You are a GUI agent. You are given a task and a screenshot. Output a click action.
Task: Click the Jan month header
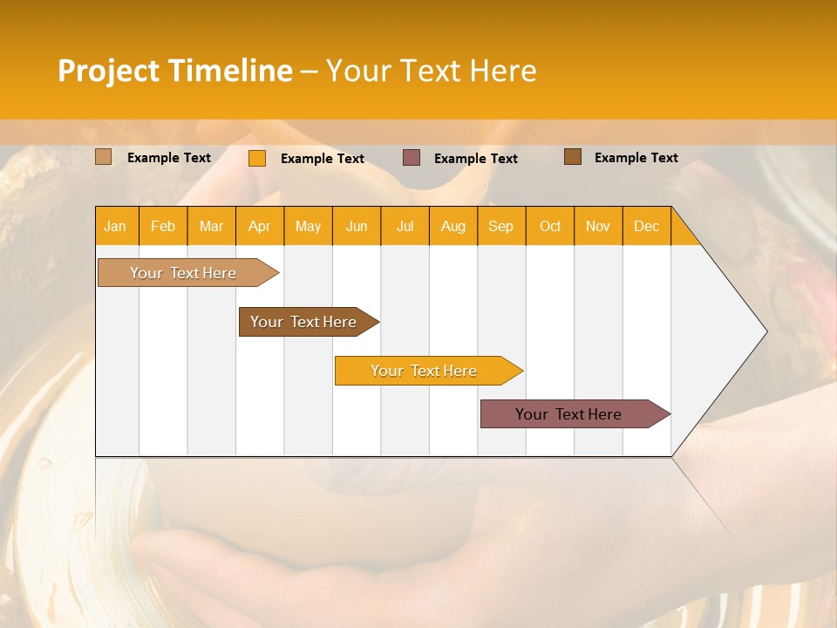(x=115, y=226)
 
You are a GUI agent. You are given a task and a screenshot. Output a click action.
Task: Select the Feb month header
(x=163, y=226)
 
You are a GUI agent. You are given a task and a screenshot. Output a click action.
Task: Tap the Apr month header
(x=260, y=226)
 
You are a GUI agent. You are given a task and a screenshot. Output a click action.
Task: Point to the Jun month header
(x=357, y=226)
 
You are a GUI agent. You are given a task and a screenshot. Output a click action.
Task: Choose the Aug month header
(x=453, y=226)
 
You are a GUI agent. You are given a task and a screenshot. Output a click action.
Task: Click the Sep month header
(x=501, y=226)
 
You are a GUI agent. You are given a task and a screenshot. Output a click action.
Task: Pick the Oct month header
(x=550, y=226)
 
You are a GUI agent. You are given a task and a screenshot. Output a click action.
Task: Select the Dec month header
(x=647, y=226)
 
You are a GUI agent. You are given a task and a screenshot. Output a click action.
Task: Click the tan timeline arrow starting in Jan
(x=184, y=273)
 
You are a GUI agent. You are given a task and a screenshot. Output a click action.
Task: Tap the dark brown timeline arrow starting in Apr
(x=304, y=322)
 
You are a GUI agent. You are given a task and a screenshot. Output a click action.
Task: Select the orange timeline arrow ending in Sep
(x=425, y=371)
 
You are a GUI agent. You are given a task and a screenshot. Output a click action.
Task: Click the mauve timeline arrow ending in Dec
(x=569, y=414)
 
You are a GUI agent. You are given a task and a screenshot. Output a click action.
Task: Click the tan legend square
(x=104, y=157)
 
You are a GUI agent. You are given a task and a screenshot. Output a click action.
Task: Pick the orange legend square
(x=257, y=158)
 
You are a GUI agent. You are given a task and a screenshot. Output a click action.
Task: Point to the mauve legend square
(x=412, y=158)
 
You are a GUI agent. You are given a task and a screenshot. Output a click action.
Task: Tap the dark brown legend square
(x=573, y=157)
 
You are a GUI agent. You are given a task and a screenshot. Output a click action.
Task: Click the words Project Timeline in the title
(x=175, y=71)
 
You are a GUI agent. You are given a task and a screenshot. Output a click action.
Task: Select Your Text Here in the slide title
(x=431, y=71)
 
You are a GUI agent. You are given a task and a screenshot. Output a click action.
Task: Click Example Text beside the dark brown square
(x=636, y=158)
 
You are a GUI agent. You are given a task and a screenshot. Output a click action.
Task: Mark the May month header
(x=308, y=226)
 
